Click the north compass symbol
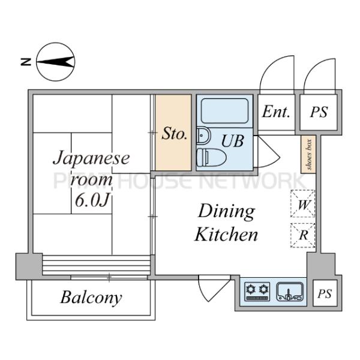pos(55,61)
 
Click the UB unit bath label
pos(233,141)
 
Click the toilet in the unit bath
pos(211,157)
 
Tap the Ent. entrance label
pos(276,112)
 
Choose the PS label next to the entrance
pos(319,112)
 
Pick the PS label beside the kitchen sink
pos(325,294)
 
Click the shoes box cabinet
pos(308,155)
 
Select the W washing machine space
pos(304,203)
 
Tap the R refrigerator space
pos(304,234)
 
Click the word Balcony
pos(91,298)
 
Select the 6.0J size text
pos(92,199)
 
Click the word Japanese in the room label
pos(91,159)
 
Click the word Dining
pos(226,211)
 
